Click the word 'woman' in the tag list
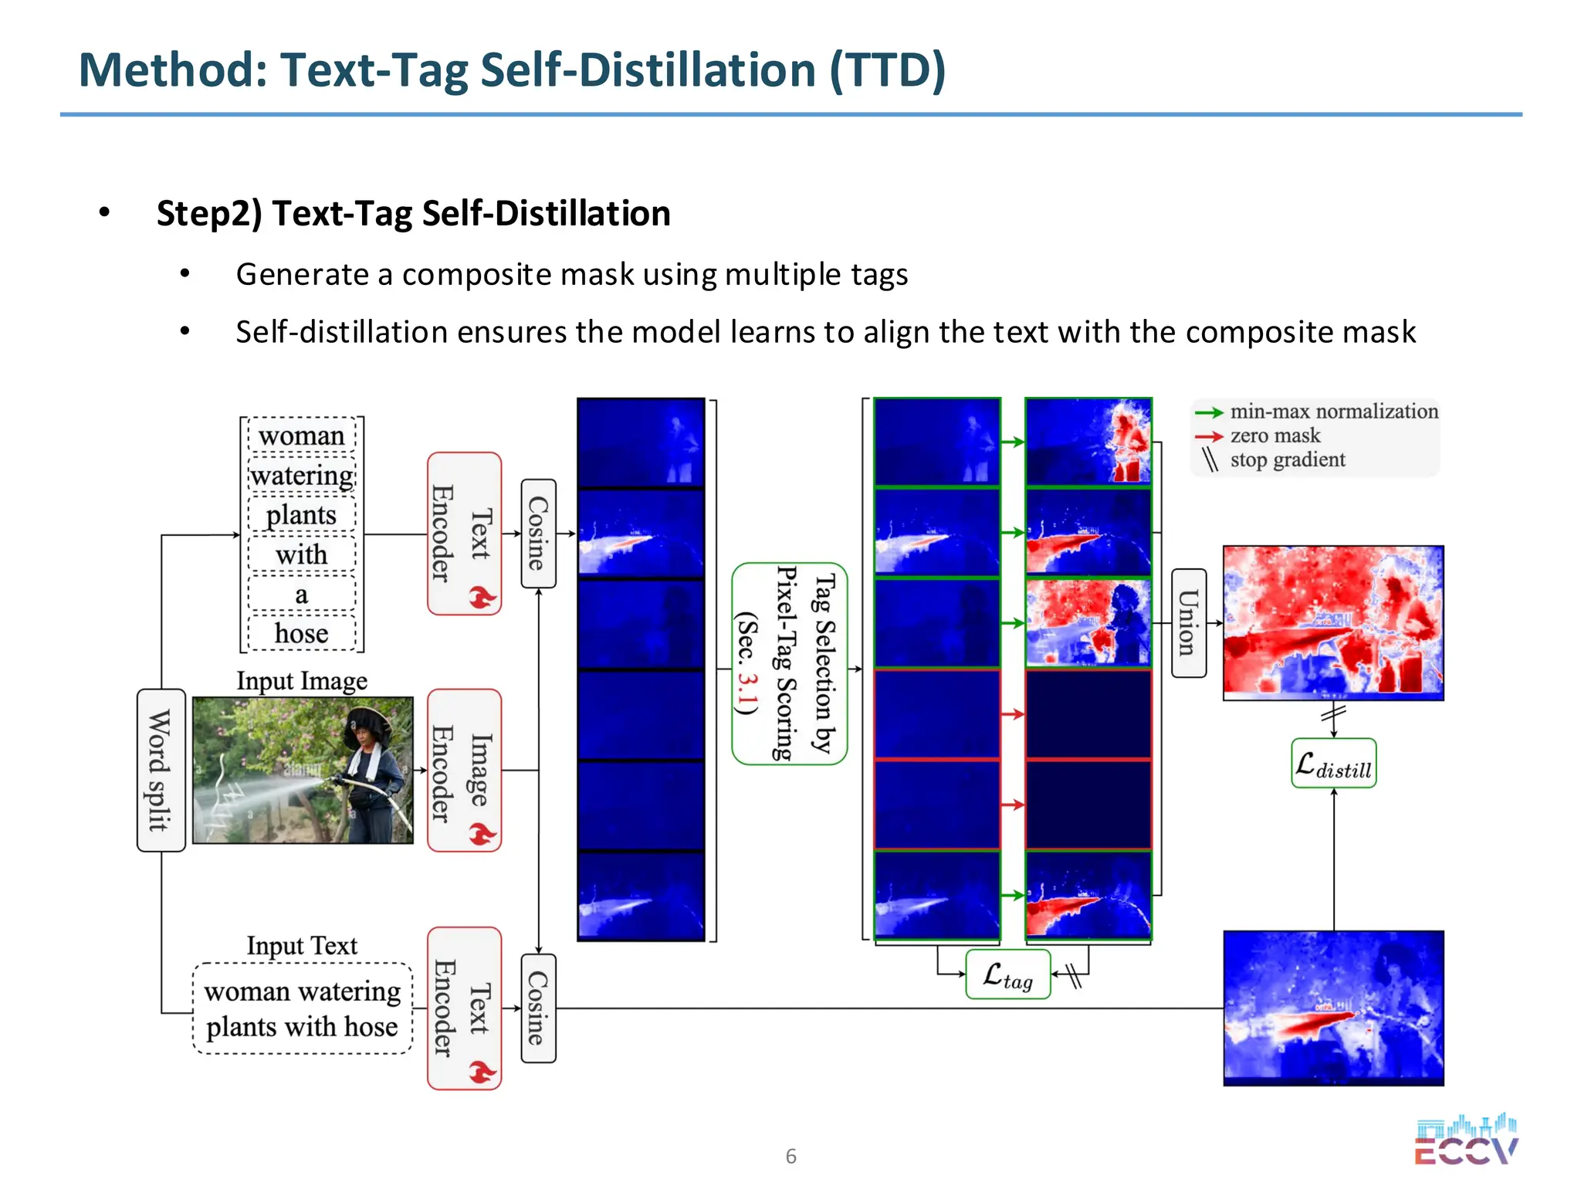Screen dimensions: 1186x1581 [x=301, y=436]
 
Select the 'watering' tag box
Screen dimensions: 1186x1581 [x=302, y=476]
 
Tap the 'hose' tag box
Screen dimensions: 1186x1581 [x=301, y=634]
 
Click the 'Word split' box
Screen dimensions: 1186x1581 [x=161, y=770]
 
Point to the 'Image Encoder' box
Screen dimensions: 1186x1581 [x=464, y=770]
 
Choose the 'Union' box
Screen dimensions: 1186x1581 [x=1188, y=622]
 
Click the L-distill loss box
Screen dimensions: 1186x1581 [x=1333, y=764]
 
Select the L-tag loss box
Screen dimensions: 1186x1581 [x=1007, y=974]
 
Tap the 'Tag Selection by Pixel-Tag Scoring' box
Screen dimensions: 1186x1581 [x=789, y=663]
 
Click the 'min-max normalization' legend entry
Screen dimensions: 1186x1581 [x=1333, y=412]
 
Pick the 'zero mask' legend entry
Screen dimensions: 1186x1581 [x=1275, y=435]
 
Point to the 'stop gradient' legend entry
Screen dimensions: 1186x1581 [x=1287, y=460]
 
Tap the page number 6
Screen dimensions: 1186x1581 [x=790, y=1156]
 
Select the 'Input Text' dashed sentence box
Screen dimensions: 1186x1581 [x=302, y=1008]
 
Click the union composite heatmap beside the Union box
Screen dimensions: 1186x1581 [x=1333, y=622]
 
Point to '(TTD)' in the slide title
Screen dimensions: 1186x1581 [x=888, y=70]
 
